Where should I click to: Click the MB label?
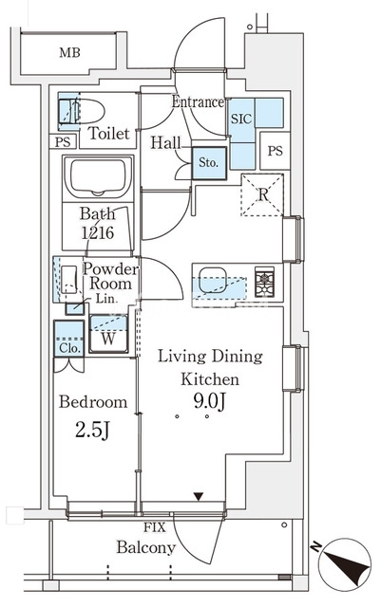coord(69,52)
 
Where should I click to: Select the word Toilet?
coord(108,133)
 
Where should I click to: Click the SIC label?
coord(241,119)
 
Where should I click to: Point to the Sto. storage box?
coord(209,163)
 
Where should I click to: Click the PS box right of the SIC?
coord(276,151)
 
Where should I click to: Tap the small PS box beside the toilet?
coord(63,141)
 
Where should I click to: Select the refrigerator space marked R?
coord(262,194)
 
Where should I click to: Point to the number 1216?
coord(97,232)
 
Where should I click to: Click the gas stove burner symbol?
coord(264,282)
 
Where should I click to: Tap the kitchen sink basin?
coord(213,280)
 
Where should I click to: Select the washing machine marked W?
coord(108,333)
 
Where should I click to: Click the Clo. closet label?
coord(70,348)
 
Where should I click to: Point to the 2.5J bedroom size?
coord(93,430)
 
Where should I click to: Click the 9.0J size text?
coord(210,402)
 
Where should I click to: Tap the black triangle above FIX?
coord(199,496)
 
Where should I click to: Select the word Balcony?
coord(146,547)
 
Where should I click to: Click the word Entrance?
coord(198,101)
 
